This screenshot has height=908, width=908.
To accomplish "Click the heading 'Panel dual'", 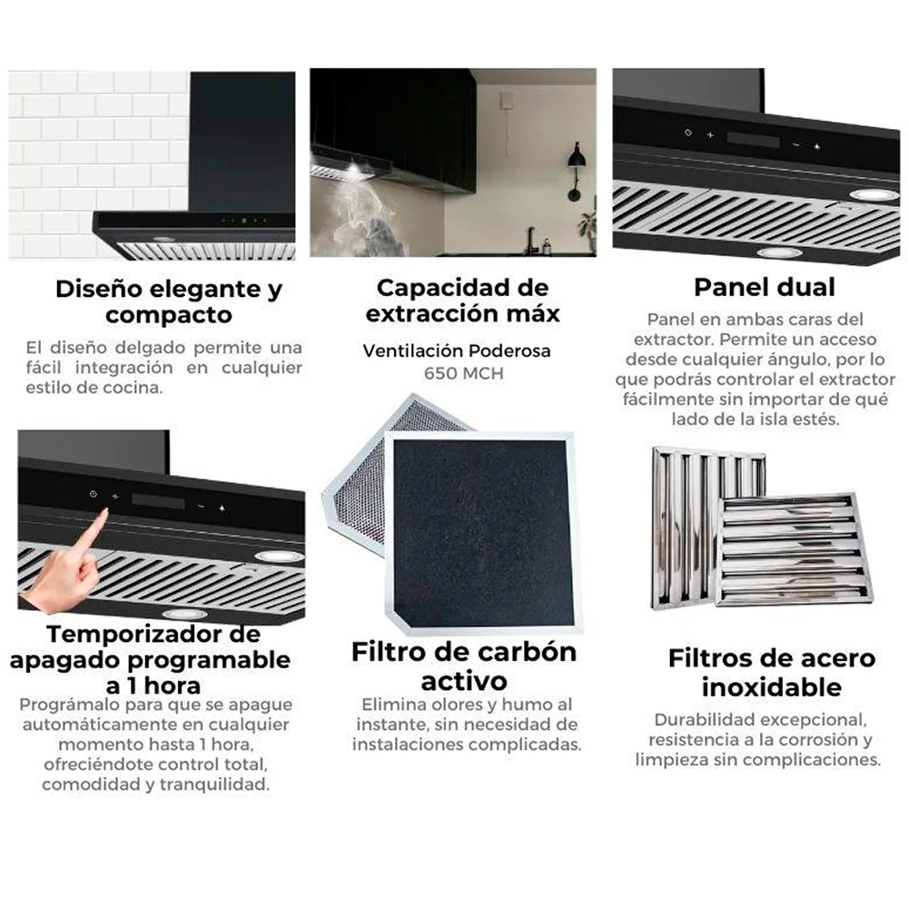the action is click(765, 287).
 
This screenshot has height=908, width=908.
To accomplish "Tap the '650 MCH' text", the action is click(463, 373).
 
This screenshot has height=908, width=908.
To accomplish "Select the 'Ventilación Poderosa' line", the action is click(457, 350).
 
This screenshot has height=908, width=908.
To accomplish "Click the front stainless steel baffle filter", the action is click(794, 551).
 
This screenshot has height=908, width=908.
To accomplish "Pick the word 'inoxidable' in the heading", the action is click(771, 687).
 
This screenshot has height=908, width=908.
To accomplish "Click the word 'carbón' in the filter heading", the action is click(525, 652).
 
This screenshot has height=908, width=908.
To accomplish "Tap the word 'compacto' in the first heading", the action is click(169, 316).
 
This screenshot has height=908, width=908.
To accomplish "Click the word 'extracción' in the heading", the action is click(430, 314).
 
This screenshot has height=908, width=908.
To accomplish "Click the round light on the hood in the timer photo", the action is click(279, 557).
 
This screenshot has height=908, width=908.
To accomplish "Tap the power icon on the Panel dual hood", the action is click(688, 133).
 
